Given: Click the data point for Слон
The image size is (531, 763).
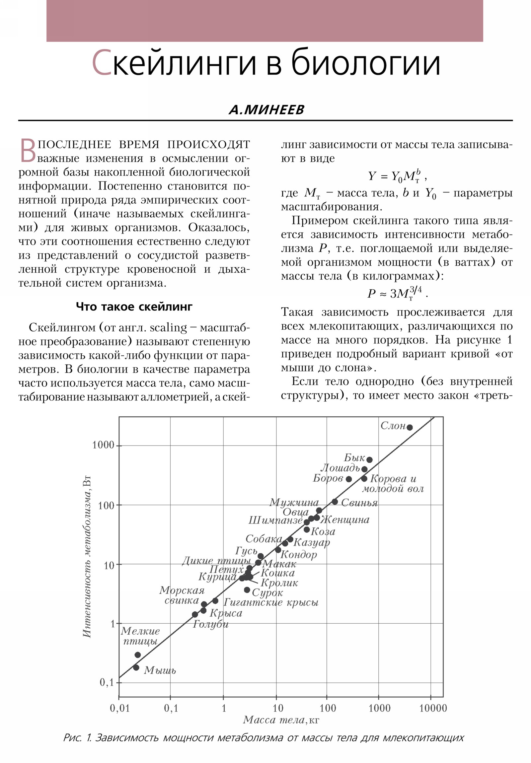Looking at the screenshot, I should (x=410, y=427).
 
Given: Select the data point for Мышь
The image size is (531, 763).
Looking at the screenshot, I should (x=136, y=667).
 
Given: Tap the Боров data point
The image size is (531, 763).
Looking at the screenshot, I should (x=349, y=479).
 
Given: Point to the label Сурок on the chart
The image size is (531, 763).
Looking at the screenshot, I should (x=267, y=593).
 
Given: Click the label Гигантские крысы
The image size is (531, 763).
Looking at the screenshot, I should (x=271, y=602).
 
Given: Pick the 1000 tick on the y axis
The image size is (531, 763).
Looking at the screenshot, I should (x=104, y=445).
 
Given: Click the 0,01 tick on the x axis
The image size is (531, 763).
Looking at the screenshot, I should (x=120, y=708).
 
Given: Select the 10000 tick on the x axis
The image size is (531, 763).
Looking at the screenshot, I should (x=433, y=708).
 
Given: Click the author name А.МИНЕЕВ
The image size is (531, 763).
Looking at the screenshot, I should (x=266, y=110).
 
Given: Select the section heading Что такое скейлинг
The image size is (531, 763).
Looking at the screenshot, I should (x=134, y=306).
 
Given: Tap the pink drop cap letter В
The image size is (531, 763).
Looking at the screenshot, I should (x=28, y=151).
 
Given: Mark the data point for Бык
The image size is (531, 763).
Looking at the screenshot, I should (x=369, y=460).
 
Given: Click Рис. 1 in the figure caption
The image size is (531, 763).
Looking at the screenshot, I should (x=77, y=738).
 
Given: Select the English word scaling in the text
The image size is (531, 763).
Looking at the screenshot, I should (x=168, y=328).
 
